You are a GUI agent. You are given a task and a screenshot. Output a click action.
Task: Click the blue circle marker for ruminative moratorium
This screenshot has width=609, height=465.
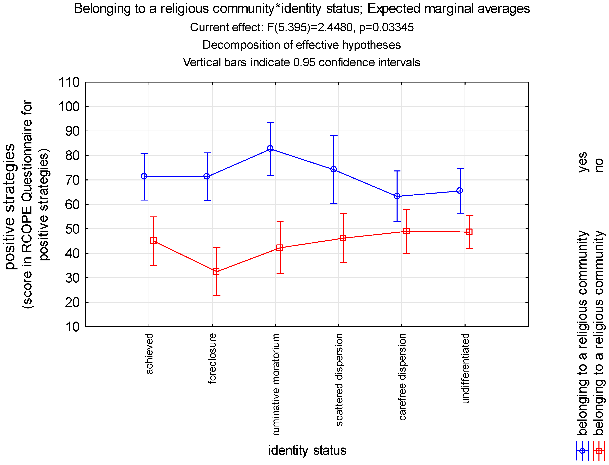pos(270,149)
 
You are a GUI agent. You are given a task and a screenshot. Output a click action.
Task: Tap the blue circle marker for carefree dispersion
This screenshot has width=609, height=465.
pos(397,196)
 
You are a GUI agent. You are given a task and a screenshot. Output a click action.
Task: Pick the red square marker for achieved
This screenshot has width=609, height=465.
pos(153,241)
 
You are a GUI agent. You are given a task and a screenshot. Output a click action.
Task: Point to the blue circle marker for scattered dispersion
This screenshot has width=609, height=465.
pos(334,169)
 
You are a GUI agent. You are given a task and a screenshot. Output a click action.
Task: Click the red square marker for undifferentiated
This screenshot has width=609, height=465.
pos(469,232)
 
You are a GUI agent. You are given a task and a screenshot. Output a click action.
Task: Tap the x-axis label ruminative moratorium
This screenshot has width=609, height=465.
pos(276,385)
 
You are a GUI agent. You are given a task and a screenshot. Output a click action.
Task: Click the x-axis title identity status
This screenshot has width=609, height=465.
pos(307,450)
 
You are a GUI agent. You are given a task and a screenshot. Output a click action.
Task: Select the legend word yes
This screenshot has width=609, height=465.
pos(582,162)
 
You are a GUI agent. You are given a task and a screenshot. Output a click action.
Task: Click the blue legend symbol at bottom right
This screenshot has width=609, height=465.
pos(582,451)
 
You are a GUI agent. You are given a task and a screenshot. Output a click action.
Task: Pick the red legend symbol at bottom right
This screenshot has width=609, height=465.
pos(599,451)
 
